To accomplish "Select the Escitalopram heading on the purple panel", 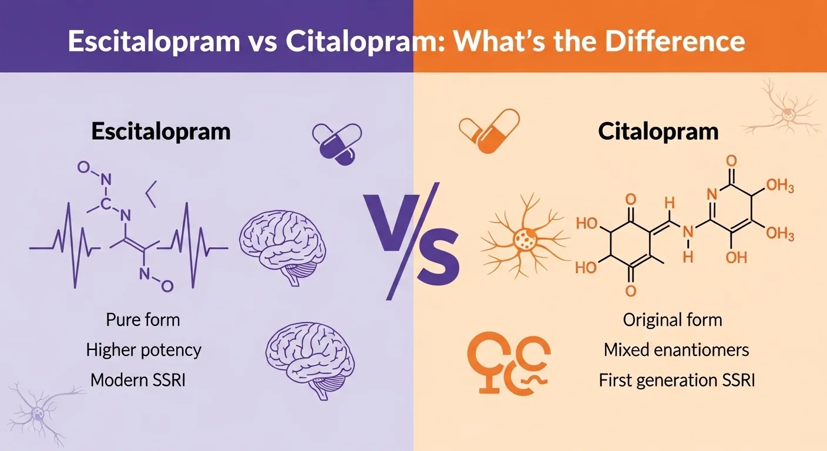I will [160, 132].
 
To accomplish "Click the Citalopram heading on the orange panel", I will [658, 132].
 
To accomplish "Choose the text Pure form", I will [143, 320].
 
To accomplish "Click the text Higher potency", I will [143, 351].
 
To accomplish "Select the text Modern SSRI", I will [138, 380].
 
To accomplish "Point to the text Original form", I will [672, 320].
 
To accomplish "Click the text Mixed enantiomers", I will [676, 351].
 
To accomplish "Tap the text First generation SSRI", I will [676, 380].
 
